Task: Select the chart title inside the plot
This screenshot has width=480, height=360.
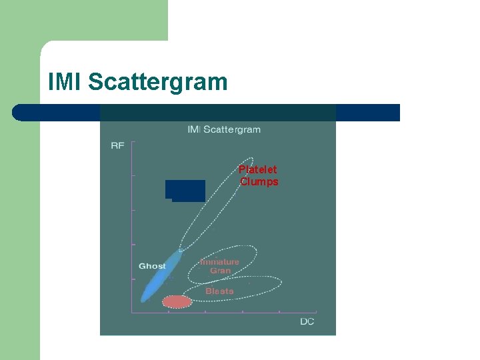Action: click(223, 129)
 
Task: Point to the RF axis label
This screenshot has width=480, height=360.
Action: click(117, 145)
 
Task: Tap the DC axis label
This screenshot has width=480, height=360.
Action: click(307, 322)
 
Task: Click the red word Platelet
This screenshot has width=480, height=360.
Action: click(258, 170)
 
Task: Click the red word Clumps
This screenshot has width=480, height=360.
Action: click(259, 182)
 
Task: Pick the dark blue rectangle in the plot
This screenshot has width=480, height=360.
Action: click(185, 190)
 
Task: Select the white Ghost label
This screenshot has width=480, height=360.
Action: click(152, 266)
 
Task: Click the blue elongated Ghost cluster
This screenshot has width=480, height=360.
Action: click(160, 277)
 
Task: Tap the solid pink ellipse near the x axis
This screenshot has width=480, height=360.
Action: click(177, 301)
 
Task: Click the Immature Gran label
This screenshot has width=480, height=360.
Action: click(220, 266)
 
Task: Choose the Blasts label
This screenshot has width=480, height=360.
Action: click(219, 291)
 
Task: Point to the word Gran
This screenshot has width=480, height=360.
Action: click(220, 271)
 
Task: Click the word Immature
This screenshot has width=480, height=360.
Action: click(220, 262)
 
